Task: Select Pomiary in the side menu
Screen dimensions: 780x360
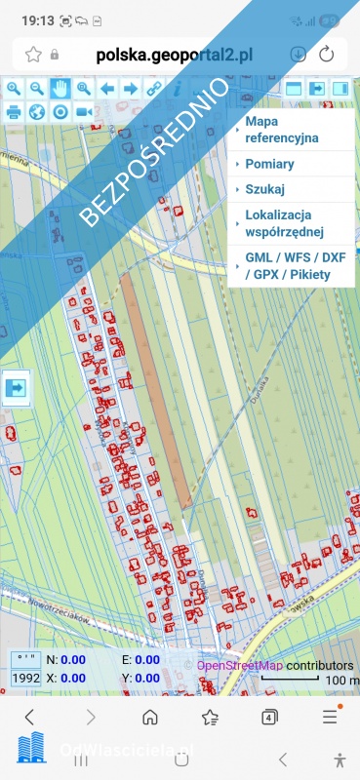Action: (x=270, y=164)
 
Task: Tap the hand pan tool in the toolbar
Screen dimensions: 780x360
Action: (x=60, y=89)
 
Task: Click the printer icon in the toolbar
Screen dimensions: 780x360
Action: (x=14, y=111)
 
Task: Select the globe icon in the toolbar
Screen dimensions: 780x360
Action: (x=37, y=111)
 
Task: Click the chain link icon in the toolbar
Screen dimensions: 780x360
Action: (x=153, y=89)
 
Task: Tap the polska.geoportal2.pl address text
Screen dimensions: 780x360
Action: (x=174, y=55)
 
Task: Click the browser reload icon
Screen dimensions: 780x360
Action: (x=327, y=55)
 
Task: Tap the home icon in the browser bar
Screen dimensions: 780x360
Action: (x=150, y=718)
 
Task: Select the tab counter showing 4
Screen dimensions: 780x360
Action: (x=270, y=718)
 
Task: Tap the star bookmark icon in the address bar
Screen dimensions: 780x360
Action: (x=33, y=55)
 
